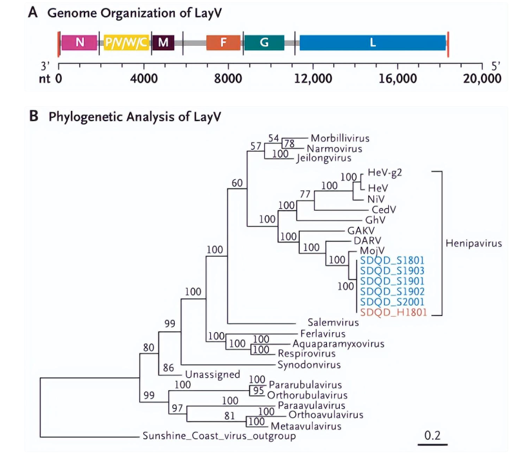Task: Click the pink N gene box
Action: pos(80,43)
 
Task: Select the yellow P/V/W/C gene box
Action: pos(127,43)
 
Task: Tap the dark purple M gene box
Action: pos(163,43)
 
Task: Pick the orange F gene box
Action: pos(223,43)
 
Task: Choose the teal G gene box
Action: pos(264,43)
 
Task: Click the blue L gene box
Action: pos(373,43)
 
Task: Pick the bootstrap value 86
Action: pos(168,368)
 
